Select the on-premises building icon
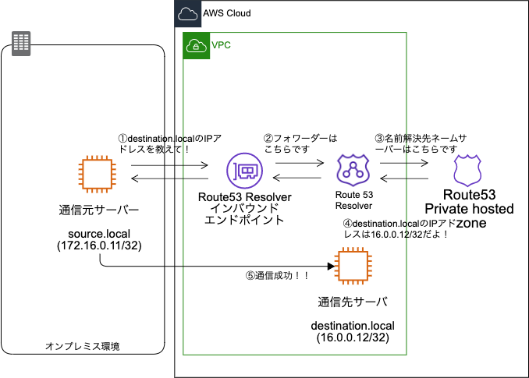point(21,43)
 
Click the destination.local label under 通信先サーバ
point(353,326)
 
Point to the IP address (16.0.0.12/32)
point(353,339)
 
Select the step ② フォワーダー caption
point(300,143)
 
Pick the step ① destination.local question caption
point(169,143)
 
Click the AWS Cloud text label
point(227,14)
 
